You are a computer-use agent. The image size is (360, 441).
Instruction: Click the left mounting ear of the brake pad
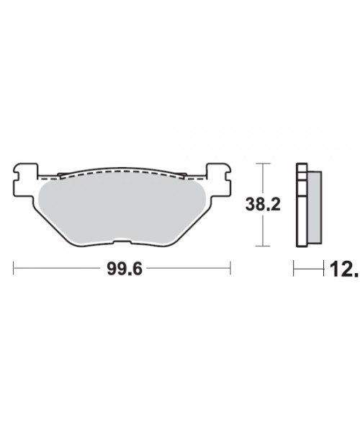point(24,173)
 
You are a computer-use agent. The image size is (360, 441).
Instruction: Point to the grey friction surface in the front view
point(122,209)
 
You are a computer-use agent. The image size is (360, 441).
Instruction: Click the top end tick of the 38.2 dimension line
point(266,164)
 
